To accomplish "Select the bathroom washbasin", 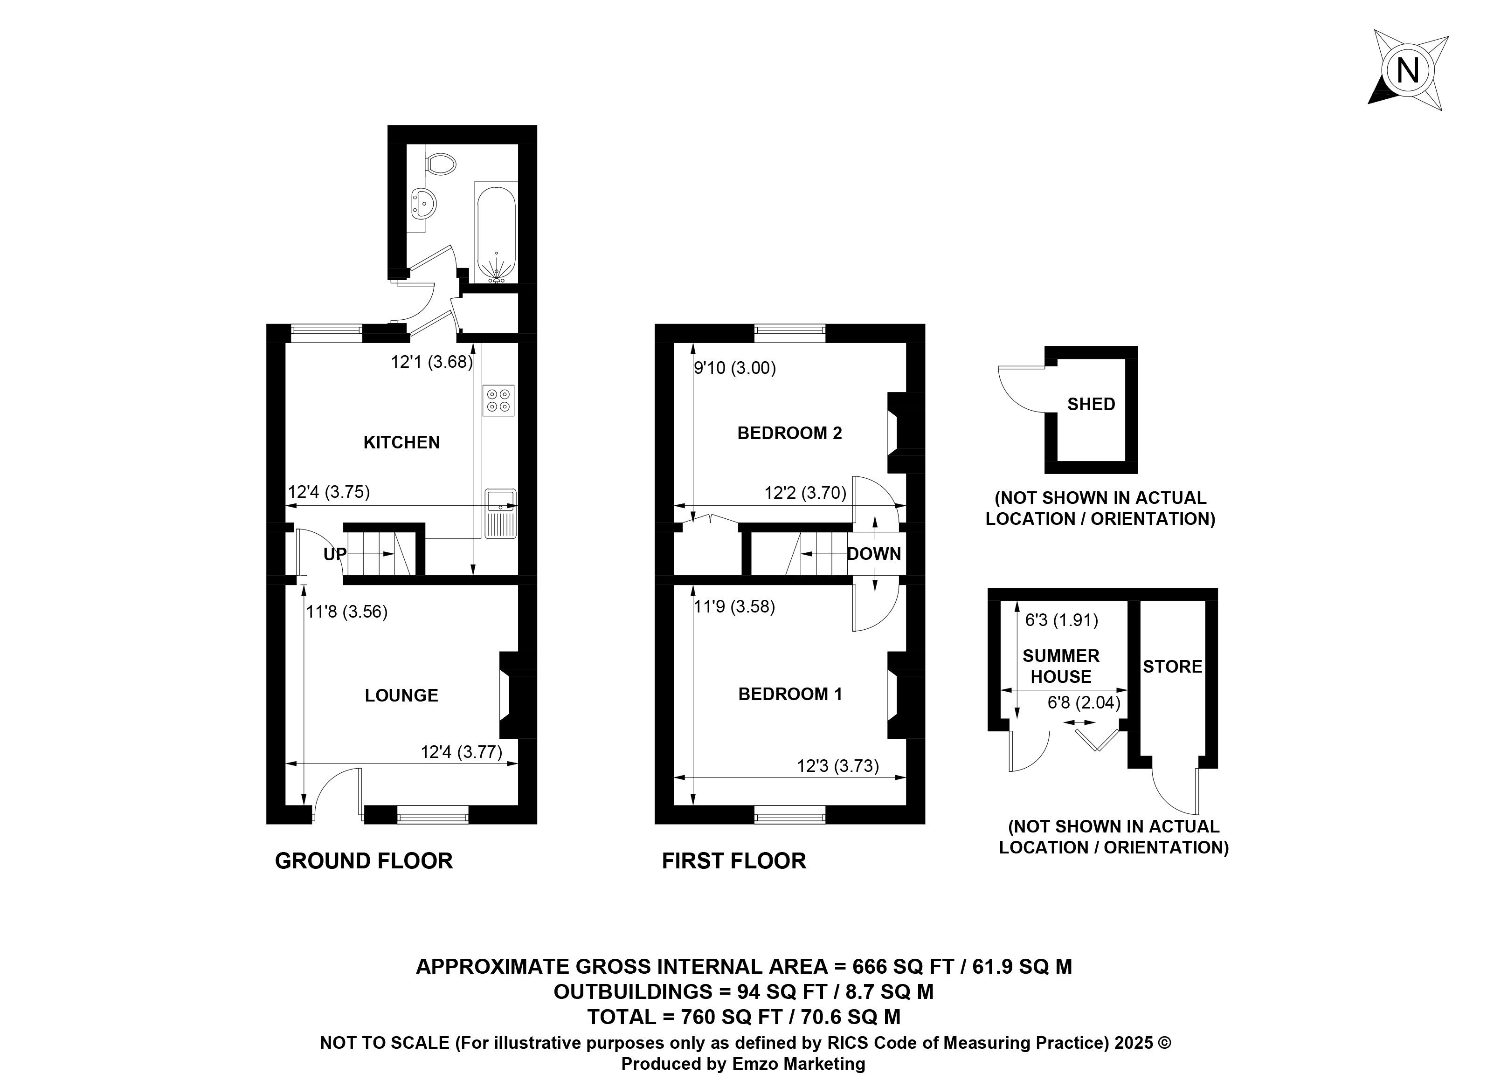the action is click(x=423, y=203).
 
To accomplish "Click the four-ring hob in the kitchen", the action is click(x=498, y=400).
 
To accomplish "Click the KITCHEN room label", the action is click(x=401, y=442).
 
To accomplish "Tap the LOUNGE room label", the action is click(x=401, y=695).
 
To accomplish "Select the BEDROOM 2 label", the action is click(x=789, y=433).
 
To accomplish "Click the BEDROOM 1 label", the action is click(x=790, y=694).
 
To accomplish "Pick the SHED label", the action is click(x=1091, y=404).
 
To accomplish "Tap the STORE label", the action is click(x=1172, y=667).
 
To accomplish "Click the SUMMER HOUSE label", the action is click(x=1061, y=666).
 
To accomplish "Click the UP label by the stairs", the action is click(x=334, y=554).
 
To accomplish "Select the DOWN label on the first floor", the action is click(x=874, y=554).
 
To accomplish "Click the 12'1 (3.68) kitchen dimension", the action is click(x=431, y=362).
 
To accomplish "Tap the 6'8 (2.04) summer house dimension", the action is click(x=1084, y=702).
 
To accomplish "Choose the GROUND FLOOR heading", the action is click(x=364, y=860).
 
